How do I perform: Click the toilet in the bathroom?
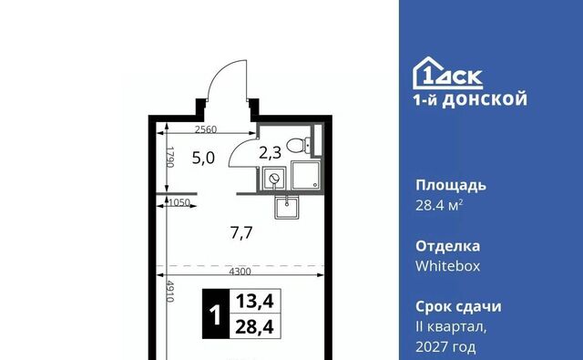pos(299,145)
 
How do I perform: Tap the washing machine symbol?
pos(274,179)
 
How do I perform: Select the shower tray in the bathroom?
pos(305,175)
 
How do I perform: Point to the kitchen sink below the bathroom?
pos(286,208)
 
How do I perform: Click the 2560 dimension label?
pos(206,129)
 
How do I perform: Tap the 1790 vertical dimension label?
pos(170,157)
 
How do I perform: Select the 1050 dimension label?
pos(179,202)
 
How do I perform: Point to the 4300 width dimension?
pos(240,272)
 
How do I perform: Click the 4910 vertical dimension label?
pos(170,292)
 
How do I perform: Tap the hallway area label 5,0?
pos(203,158)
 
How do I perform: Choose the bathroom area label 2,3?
pos(271,153)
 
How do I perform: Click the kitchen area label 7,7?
pos(241,233)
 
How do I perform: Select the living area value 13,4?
pos(255,301)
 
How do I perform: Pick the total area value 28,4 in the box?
pos(255,327)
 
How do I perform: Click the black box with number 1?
pos(216,314)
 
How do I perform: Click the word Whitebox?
pos(447,266)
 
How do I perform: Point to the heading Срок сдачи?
pos(458,307)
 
